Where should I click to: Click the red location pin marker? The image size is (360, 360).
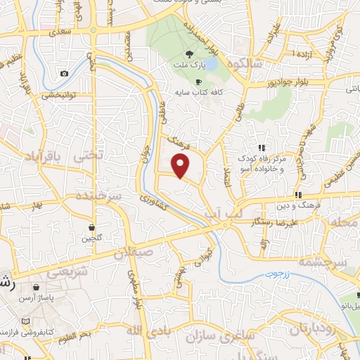181,166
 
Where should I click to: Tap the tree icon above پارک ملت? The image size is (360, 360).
188,54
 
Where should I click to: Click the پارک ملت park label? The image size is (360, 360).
189,66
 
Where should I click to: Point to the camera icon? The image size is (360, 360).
65,73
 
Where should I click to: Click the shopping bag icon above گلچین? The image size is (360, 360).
92,226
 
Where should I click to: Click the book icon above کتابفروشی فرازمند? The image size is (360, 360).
26,321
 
